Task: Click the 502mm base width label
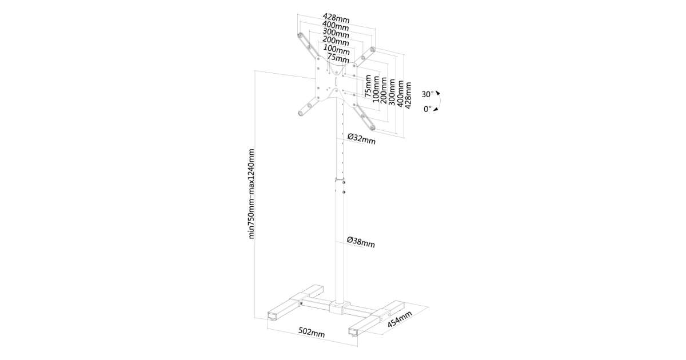(312, 333)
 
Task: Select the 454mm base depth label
(400, 319)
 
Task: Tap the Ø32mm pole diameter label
(361, 139)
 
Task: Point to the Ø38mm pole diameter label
(361, 242)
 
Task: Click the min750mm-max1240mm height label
(251, 194)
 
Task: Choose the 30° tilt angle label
(428, 94)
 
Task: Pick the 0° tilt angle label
(428, 109)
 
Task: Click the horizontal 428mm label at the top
(336, 18)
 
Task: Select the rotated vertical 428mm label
(408, 95)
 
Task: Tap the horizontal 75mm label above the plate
(338, 58)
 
